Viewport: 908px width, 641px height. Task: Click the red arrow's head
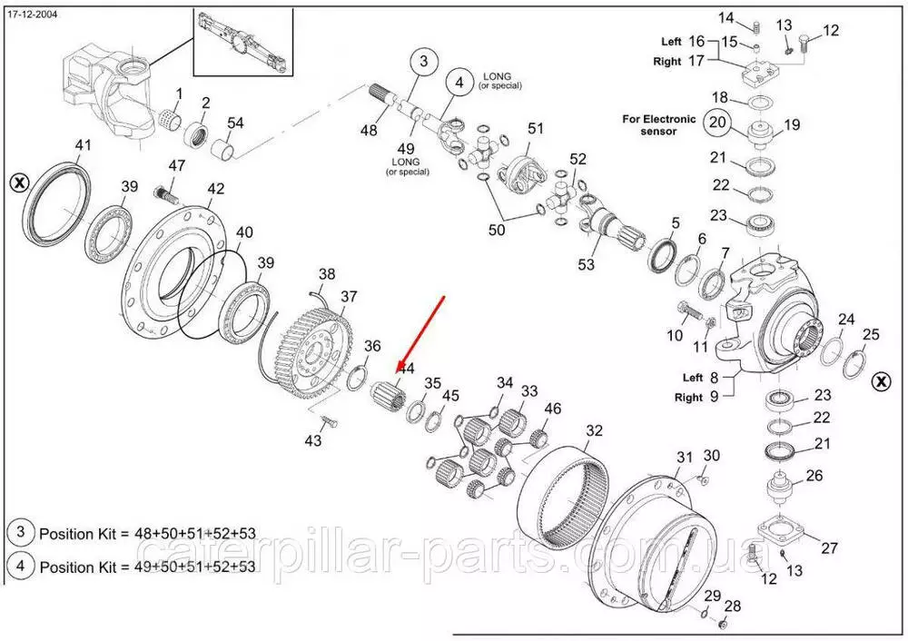click(396, 374)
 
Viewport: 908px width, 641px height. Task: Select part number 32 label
click(594, 430)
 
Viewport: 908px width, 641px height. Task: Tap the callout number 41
click(83, 145)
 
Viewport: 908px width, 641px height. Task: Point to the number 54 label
click(235, 123)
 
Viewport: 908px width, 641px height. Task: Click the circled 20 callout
click(717, 123)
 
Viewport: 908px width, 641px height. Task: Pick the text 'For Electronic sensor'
click(659, 124)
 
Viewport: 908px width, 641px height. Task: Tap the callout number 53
click(587, 265)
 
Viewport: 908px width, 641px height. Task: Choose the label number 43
click(313, 440)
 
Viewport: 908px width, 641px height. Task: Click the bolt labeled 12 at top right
click(806, 41)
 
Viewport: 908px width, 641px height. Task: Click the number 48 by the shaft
click(368, 131)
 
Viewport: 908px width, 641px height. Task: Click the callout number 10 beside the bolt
click(675, 335)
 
